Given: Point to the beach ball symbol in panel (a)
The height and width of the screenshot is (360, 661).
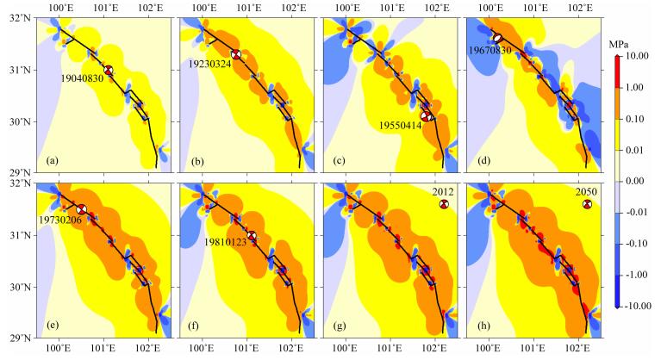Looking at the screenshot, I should point(108,71).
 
